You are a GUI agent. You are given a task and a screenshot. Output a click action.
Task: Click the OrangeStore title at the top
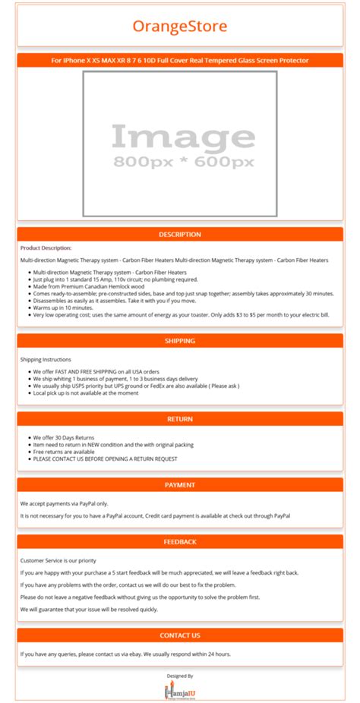click(x=180, y=27)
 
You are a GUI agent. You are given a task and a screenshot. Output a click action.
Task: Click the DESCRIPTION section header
click(x=180, y=235)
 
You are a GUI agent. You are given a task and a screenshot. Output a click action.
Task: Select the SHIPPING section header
click(x=180, y=341)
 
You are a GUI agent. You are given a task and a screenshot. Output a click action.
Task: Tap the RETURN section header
click(x=180, y=418)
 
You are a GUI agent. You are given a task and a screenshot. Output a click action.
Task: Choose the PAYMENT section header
click(x=180, y=484)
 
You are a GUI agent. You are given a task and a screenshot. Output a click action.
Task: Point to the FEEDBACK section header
click(x=180, y=541)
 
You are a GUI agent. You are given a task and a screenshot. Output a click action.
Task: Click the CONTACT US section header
click(x=180, y=635)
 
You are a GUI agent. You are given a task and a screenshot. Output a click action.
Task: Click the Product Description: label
click(x=46, y=247)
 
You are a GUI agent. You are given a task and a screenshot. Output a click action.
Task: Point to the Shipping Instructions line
click(x=46, y=359)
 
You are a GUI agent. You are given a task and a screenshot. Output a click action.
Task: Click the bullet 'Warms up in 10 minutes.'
click(x=65, y=307)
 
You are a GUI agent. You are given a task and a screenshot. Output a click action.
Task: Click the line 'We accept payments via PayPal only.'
click(x=64, y=503)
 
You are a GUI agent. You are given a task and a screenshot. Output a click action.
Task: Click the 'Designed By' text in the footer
click(x=180, y=675)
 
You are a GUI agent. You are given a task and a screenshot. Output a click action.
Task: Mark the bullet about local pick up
click(x=85, y=393)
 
